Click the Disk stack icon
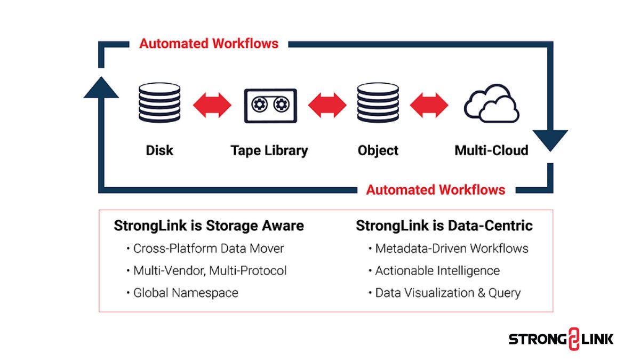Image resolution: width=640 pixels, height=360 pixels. [159, 105]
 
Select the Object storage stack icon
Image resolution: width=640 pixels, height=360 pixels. [378, 105]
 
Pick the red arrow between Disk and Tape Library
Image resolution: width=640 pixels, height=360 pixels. [212, 105]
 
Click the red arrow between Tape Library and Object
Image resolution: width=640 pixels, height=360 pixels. [327, 105]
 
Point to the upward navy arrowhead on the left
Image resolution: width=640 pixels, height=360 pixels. [101, 87]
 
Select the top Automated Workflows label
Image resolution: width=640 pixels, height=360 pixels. [209, 44]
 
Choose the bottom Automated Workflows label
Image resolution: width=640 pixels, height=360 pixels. [435, 190]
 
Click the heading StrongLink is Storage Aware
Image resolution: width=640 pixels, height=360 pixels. [209, 226]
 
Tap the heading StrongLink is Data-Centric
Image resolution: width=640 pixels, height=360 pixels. [444, 226]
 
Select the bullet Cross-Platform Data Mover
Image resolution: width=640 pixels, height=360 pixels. [208, 249]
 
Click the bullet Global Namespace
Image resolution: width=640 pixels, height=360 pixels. [185, 293]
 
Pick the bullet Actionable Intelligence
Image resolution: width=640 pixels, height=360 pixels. [437, 271]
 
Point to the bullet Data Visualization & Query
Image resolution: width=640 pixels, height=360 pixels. [447, 293]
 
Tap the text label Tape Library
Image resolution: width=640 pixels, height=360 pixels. [269, 150]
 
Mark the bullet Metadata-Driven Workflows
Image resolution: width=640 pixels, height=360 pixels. [451, 249]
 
